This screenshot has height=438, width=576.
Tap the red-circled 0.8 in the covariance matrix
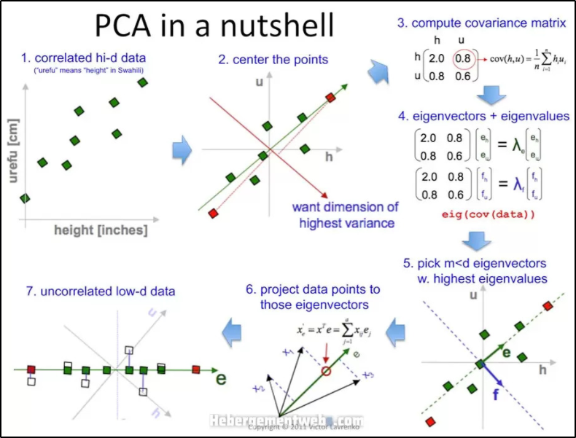pyautogui.click(x=463, y=57)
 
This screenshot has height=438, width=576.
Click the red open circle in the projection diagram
pyautogui.click(x=325, y=371)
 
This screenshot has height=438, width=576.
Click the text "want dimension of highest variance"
pyautogui.click(x=346, y=215)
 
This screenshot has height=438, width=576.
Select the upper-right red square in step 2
pyautogui.click(x=330, y=97)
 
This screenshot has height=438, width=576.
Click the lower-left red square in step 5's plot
pyautogui.click(x=430, y=421)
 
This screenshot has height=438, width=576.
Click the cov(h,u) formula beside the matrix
pyautogui.click(x=518, y=58)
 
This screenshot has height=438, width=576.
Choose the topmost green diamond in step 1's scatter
pyautogui.click(x=143, y=82)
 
